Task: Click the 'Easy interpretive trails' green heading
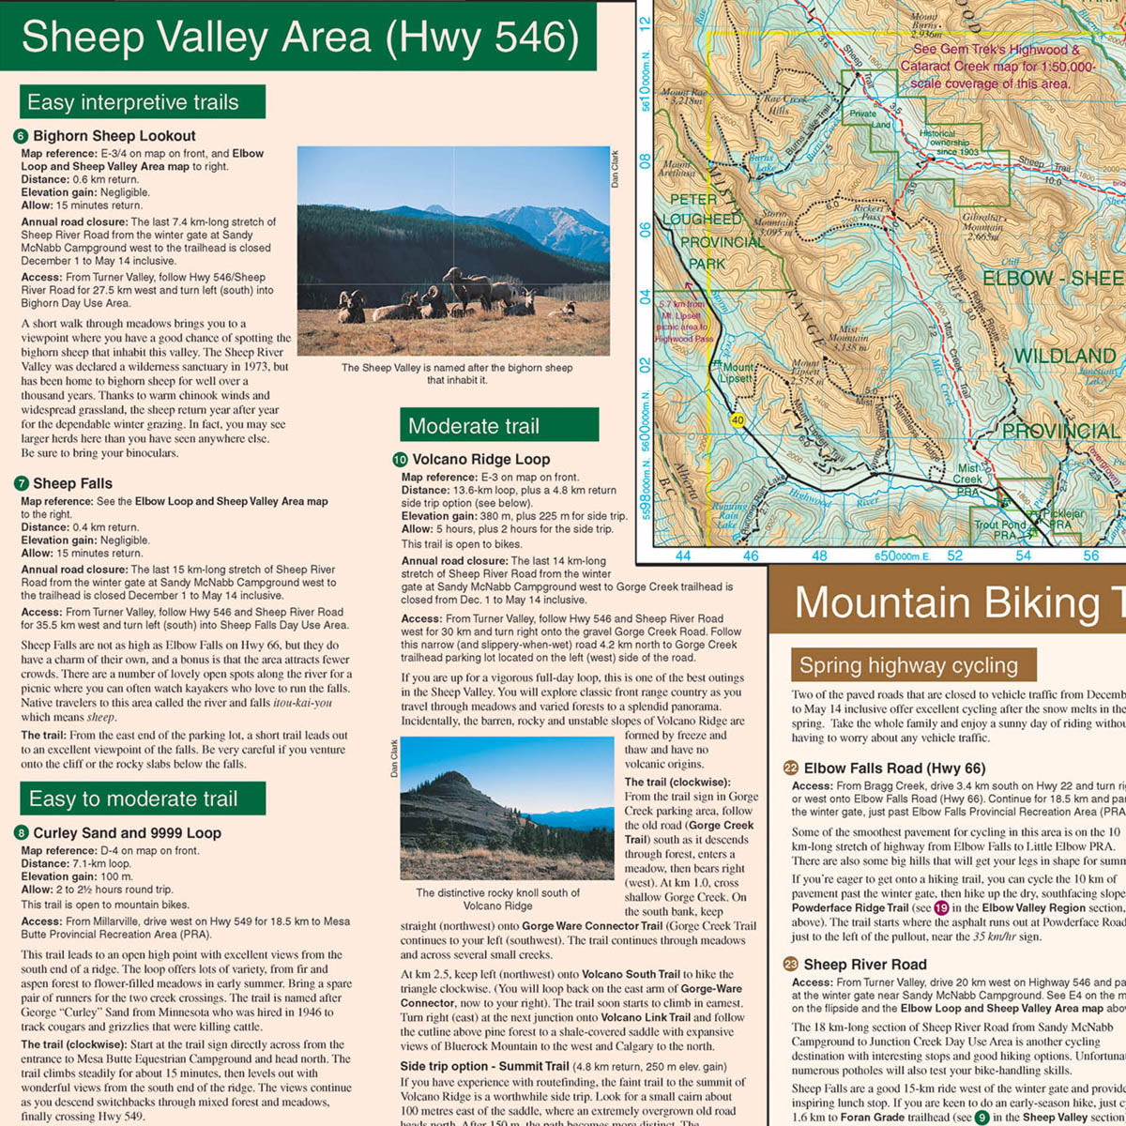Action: point(133,102)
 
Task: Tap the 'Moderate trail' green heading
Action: point(474,426)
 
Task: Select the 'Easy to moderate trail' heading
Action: point(133,799)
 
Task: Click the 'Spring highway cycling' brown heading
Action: point(908,666)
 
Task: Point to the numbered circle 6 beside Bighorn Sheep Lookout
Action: point(22,136)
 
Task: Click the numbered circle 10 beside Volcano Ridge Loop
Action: point(400,460)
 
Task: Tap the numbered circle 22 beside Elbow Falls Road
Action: point(791,768)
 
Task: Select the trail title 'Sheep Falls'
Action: point(72,484)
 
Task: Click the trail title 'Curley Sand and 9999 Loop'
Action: point(127,833)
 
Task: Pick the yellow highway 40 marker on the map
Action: point(738,421)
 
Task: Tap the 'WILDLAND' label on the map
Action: point(1064,357)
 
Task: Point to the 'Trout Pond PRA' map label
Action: point(999,530)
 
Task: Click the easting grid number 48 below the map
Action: point(819,555)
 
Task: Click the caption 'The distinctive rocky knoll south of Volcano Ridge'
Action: point(497,899)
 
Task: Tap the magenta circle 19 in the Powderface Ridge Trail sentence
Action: point(941,908)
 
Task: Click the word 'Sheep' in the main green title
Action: point(80,38)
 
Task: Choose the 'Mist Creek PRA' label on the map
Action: point(968,479)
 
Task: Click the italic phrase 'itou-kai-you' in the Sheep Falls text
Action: point(302,703)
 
